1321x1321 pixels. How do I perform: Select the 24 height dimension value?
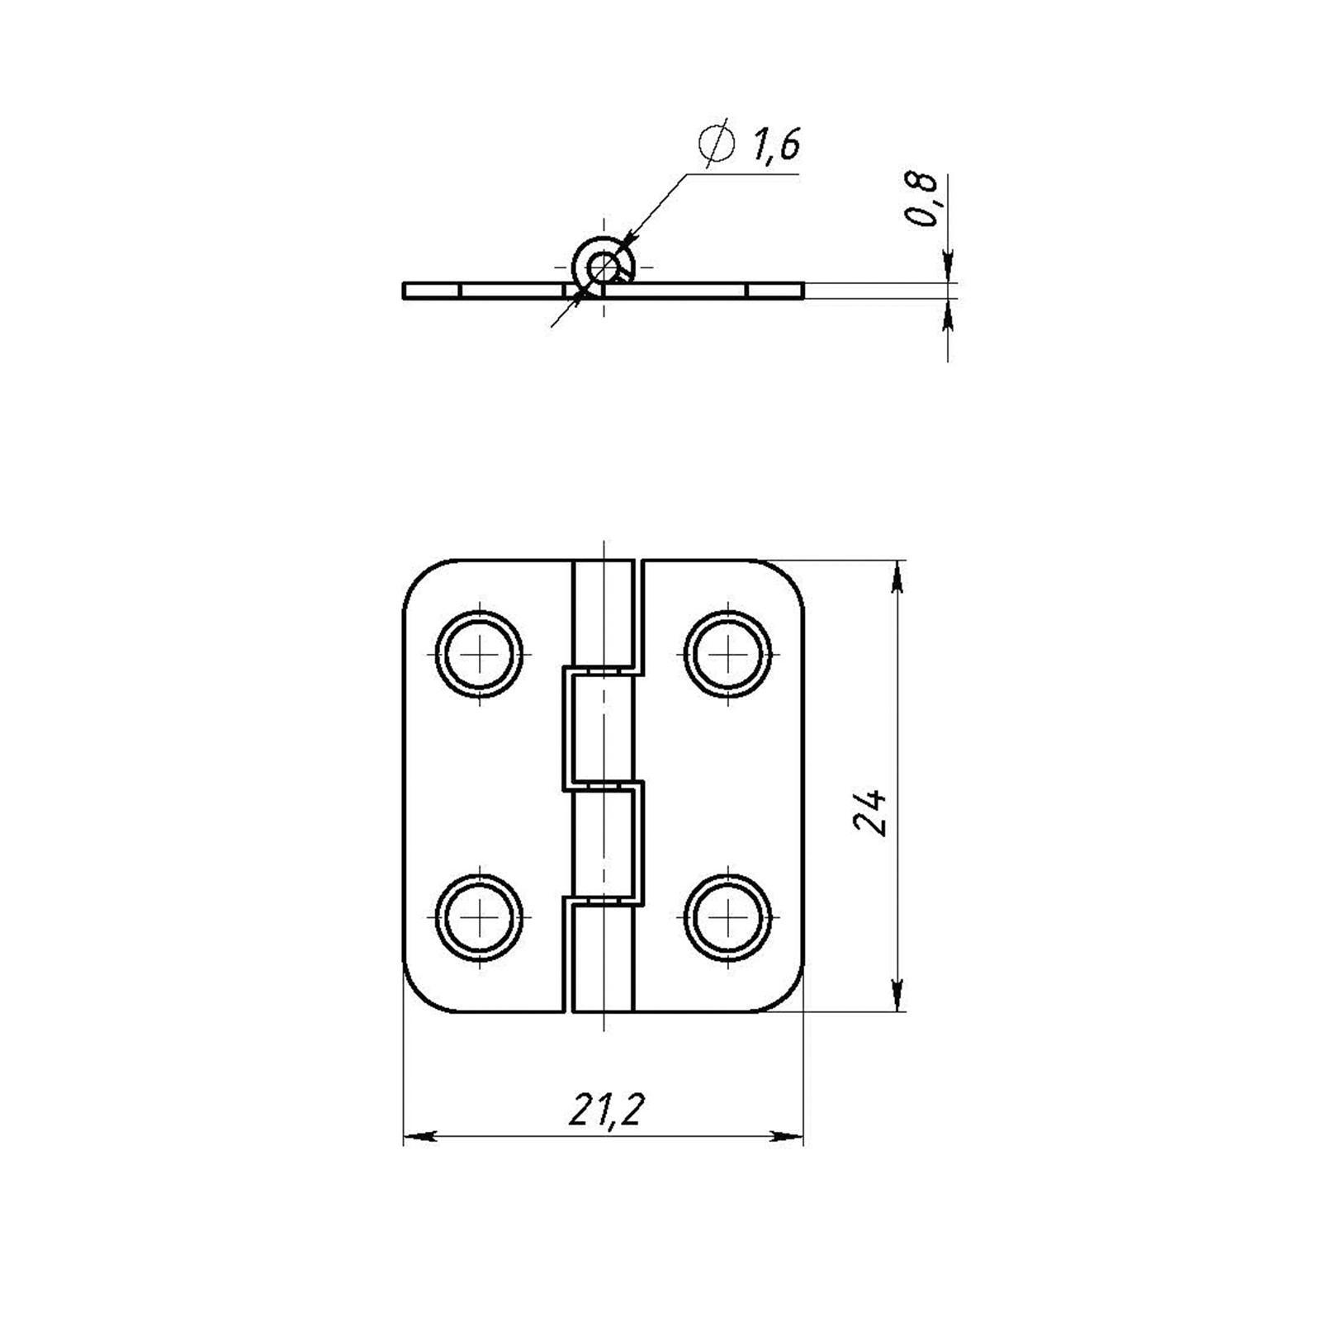point(870,813)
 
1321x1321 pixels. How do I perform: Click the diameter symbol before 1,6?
point(715,146)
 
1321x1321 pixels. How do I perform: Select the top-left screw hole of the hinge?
point(480,655)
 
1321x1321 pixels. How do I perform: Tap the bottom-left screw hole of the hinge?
point(480,918)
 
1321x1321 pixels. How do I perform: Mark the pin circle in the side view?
point(604,266)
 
